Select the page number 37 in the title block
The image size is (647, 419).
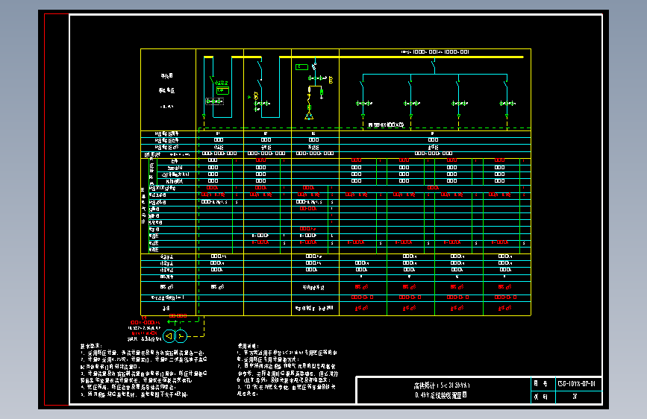[575, 397]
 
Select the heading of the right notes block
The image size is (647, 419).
[247, 346]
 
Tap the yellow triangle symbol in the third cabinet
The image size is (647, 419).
[308, 116]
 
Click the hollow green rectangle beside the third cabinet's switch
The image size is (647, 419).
[301, 67]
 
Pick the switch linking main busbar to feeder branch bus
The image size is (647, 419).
[434, 66]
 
